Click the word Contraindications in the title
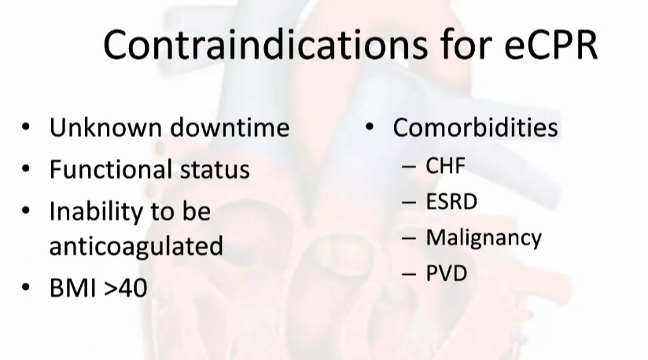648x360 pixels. click(x=265, y=45)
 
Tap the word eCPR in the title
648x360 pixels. click(x=551, y=45)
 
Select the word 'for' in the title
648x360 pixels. click(x=466, y=45)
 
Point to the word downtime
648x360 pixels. click(x=230, y=127)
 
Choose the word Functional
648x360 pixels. click(x=110, y=169)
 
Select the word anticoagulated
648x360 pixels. click(x=136, y=246)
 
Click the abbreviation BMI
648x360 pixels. click(x=73, y=288)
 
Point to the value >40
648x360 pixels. click(x=126, y=288)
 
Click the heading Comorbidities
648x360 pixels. click(x=475, y=127)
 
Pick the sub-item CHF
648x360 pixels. click(x=445, y=166)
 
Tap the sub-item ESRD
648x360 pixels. click(x=451, y=201)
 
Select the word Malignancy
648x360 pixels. click(x=484, y=238)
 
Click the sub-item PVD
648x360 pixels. click(x=447, y=274)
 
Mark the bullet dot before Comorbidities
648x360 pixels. click(x=370, y=127)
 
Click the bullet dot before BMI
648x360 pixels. click(x=26, y=287)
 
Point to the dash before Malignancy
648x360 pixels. click(x=409, y=238)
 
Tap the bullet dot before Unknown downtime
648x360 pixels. click(x=26, y=127)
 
